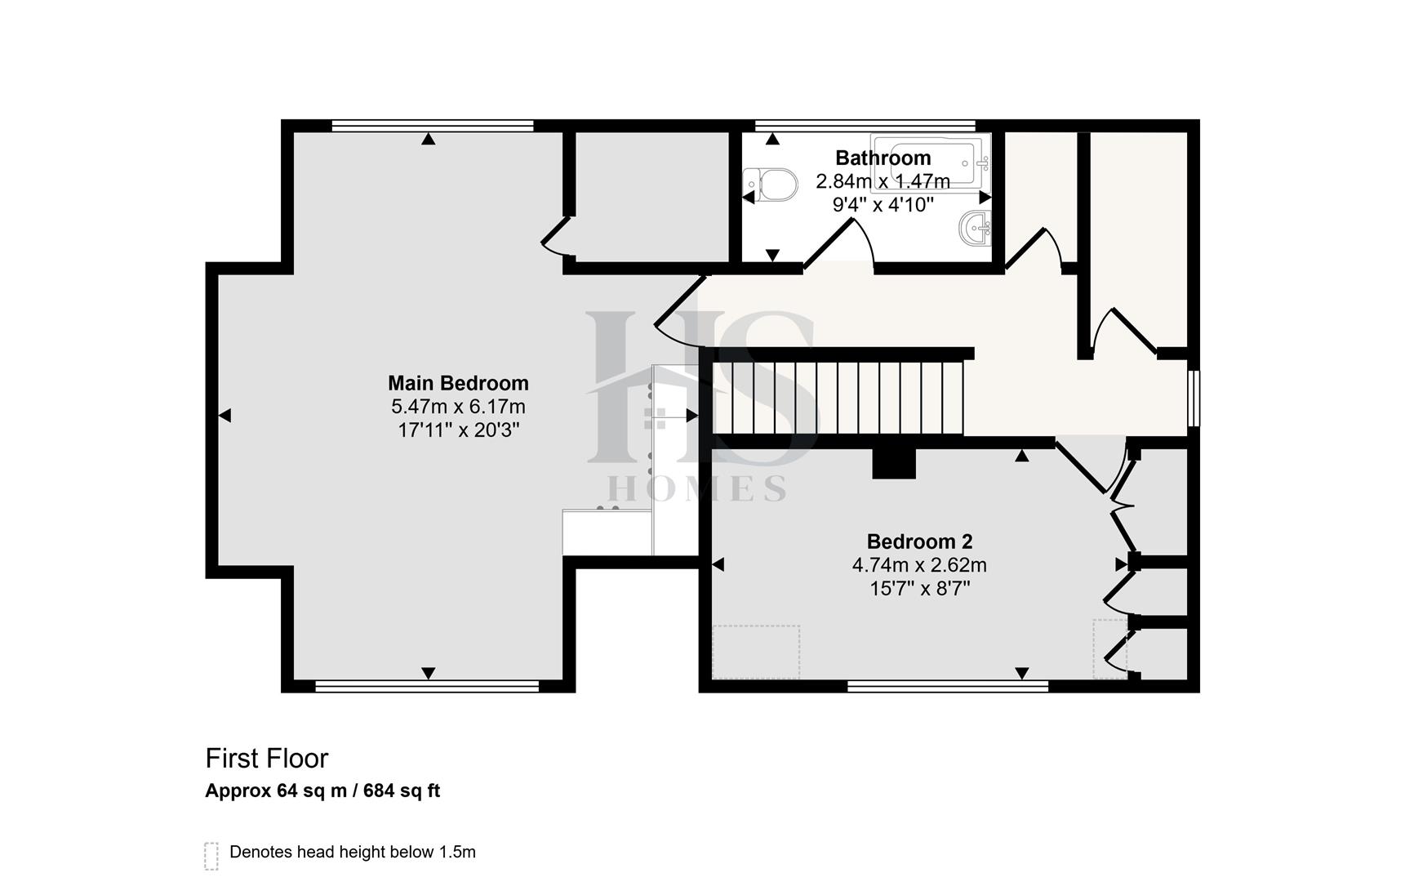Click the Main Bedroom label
[x=458, y=383]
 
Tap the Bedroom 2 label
[x=919, y=541]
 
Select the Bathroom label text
[x=883, y=158]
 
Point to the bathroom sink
[x=975, y=227]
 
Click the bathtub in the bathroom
[x=931, y=162]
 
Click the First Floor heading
[x=266, y=759]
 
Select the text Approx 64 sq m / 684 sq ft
[x=322, y=791]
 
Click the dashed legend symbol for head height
[x=211, y=856]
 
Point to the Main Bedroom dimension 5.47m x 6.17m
[x=458, y=407]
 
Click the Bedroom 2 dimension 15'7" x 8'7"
[x=919, y=588]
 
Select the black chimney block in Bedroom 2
[x=894, y=463]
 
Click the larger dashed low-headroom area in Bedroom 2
[x=755, y=652]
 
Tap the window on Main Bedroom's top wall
[x=433, y=126]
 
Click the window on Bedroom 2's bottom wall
[x=947, y=687]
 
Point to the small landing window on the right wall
[x=1194, y=399]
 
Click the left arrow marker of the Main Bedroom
[x=225, y=416]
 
